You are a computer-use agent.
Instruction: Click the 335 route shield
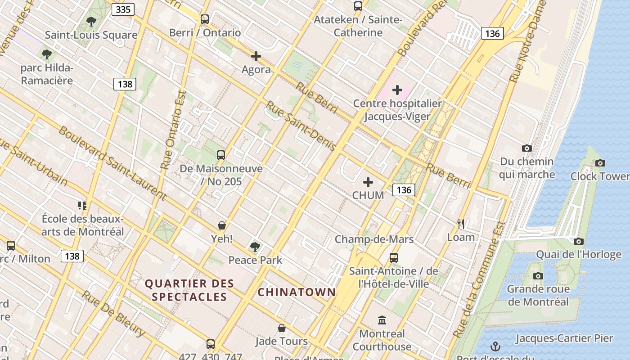(x=123, y=9)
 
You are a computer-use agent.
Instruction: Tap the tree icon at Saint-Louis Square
(x=91, y=21)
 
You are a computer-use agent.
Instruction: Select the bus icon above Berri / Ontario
(x=205, y=19)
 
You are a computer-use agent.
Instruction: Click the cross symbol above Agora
(x=256, y=56)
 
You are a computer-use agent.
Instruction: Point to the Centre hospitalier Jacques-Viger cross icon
(x=397, y=90)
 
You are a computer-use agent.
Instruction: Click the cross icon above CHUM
(x=368, y=182)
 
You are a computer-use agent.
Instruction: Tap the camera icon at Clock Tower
(x=600, y=163)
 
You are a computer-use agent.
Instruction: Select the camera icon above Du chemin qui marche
(x=526, y=148)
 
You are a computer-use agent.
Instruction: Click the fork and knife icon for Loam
(x=460, y=224)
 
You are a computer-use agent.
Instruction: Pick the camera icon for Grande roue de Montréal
(x=538, y=276)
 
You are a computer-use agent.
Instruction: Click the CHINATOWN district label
(x=297, y=292)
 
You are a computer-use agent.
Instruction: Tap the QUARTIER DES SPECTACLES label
(x=189, y=290)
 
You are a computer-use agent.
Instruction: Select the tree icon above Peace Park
(x=255, y=247)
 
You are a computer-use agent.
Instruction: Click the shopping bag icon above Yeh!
(x=221, y=225)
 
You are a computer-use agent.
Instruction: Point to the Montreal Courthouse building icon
(x=382, y=320)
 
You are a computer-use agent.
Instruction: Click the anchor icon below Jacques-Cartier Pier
(x=495, y=346)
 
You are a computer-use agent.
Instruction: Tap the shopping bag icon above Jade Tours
(x=282, y=328)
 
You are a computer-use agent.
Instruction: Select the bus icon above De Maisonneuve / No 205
(x=221, y=155)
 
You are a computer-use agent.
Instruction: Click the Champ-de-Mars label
(x=374, y=239)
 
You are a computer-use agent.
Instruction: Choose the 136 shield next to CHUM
(x=404, y=190)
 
